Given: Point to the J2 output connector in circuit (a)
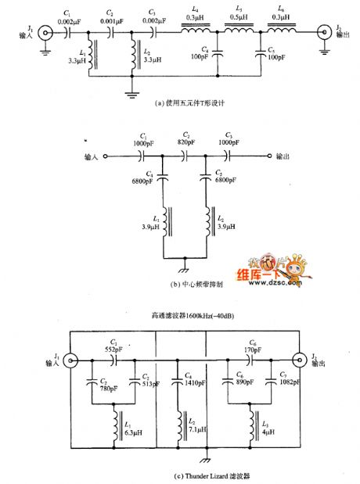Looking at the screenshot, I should (x=322, y=34).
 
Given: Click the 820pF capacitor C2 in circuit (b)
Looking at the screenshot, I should (x=185, y=156).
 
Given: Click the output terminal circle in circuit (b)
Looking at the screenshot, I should (x=269, y=156).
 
